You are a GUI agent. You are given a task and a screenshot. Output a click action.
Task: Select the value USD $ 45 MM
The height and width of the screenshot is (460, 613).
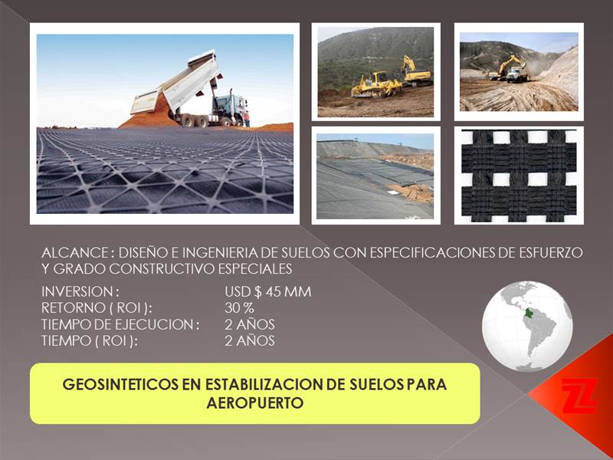[267, 292]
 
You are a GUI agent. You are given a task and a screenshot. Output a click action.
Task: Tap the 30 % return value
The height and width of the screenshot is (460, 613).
[239, 308]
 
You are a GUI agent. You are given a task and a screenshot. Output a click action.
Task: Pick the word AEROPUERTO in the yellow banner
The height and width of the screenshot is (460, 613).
[255, 403]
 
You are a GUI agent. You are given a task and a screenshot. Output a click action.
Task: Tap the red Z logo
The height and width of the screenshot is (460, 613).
[580, 395]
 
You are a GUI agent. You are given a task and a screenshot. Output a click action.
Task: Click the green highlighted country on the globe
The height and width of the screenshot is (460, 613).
[529, 314]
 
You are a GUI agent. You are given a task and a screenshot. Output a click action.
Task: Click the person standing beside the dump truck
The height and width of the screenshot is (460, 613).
[247, 119]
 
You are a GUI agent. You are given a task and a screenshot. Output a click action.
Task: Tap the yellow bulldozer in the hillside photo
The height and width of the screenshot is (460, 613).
[376, 85]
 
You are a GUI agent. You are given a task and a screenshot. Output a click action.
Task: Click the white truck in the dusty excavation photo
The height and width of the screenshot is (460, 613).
[516, 74]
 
